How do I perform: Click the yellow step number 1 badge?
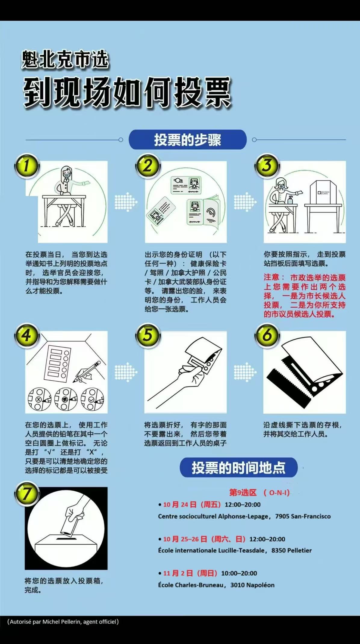pos(27,166)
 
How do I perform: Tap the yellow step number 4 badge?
pos(27,336)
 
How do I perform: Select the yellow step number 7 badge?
pos(27,494)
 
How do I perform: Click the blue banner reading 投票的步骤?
pos(188,140)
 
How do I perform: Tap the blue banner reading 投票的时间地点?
pos(238,468)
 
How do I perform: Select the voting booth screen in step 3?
pos(322,192)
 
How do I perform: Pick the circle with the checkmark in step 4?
pos(91,400)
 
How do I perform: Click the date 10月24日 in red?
pos(180,505)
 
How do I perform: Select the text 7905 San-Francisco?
pos(303,516)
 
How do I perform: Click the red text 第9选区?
pos(243,493)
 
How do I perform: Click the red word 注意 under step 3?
pos(272,277)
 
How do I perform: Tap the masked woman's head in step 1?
pos(67,173)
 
